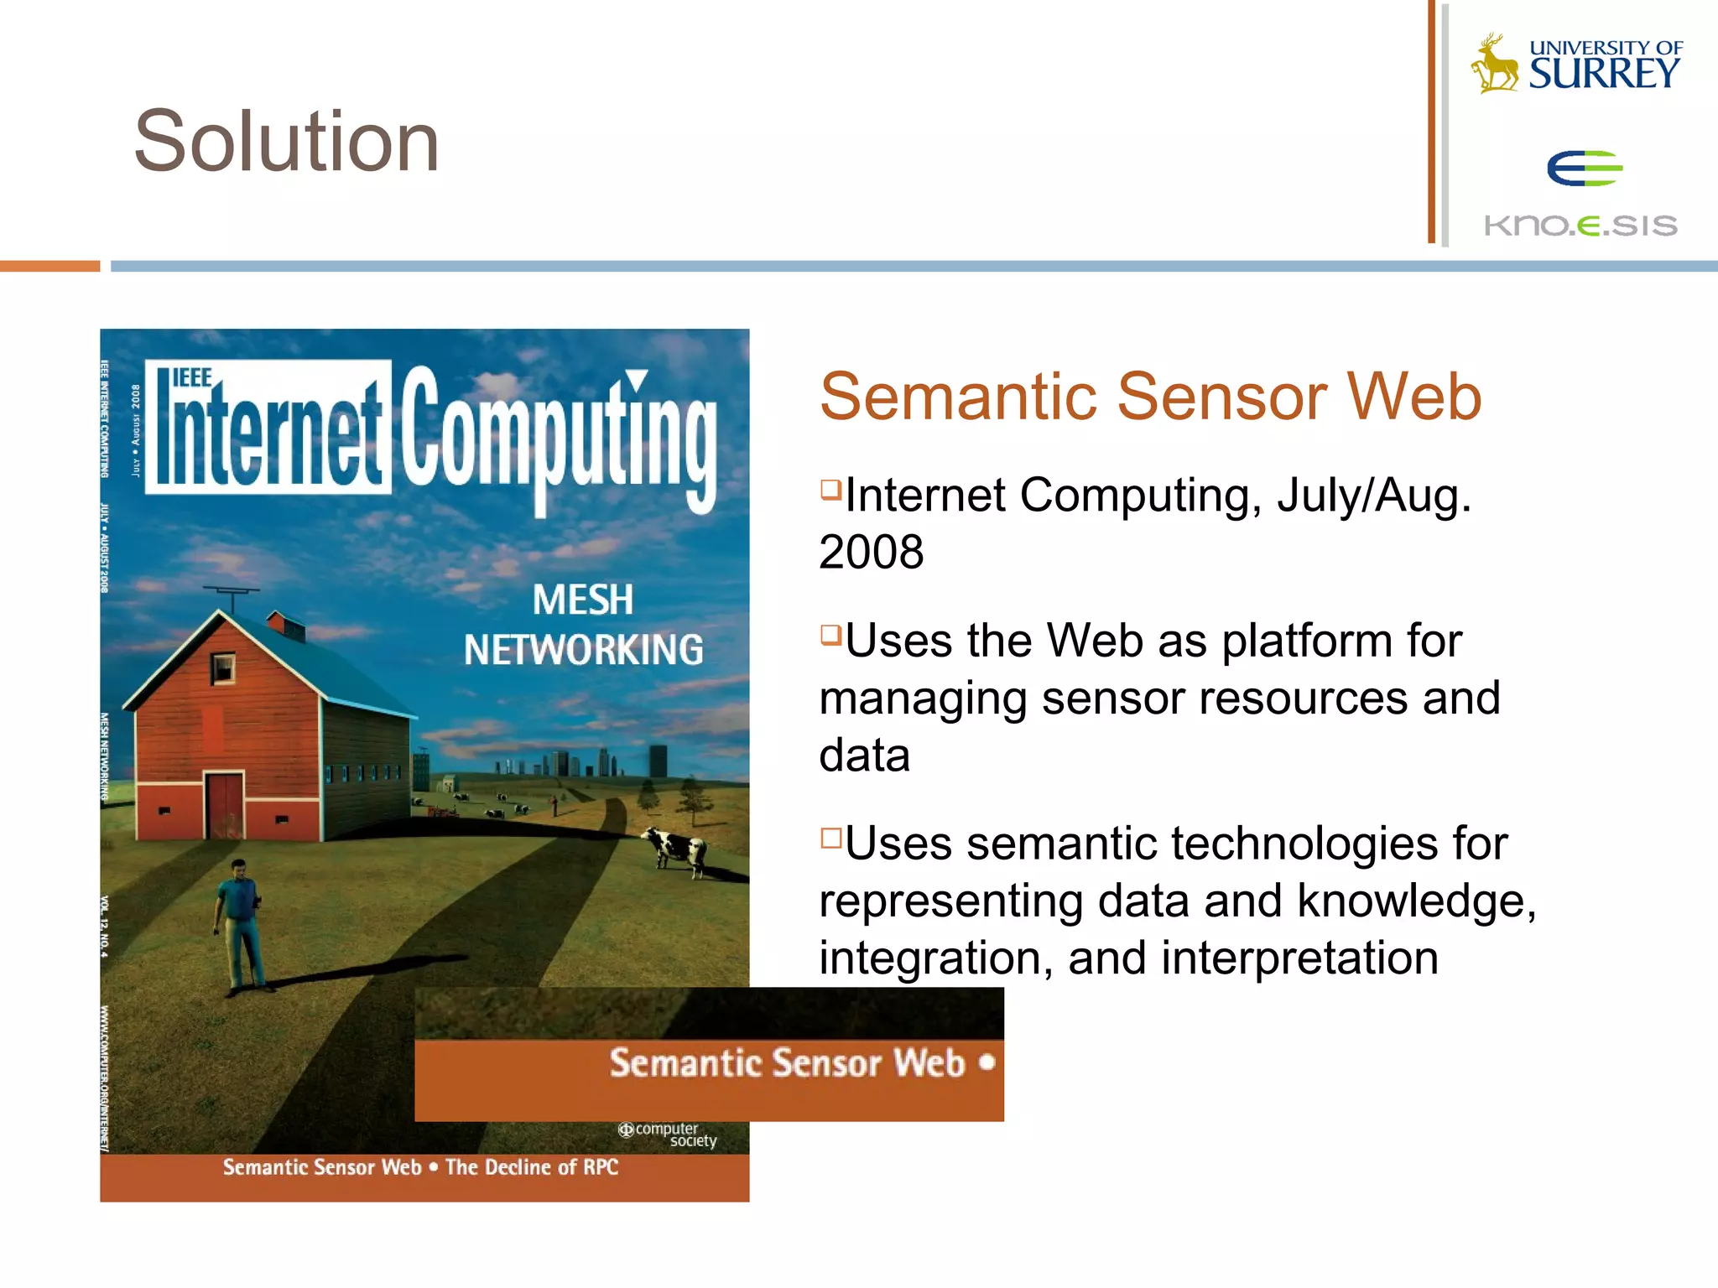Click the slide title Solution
click(287, 142)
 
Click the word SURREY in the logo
click(1604, 74)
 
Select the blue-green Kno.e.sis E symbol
click(1584, 169)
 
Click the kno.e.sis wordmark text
click(1580, 225)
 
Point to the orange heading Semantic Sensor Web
click(1150, 397)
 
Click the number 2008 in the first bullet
click(872, 553)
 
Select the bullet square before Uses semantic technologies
click(830, 838)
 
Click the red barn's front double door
click(224, 805)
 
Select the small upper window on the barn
click(222, 668)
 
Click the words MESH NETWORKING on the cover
click(584, 626)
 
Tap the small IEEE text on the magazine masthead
click(191, 378)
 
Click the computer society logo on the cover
click(668, 1135)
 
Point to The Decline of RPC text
click(532, 1167)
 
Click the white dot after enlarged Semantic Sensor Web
click(987, 1062)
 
